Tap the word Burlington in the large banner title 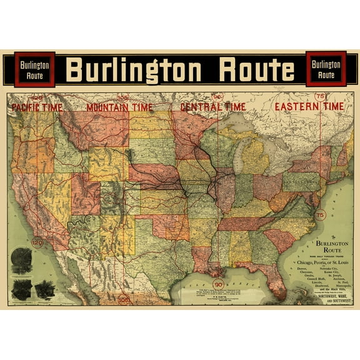tap(136, 71)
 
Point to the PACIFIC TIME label tap(37, 107)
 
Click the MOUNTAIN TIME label tap(119, 107)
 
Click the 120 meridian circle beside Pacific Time tap(37, 98)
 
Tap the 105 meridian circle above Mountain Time tap(123, 97)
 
